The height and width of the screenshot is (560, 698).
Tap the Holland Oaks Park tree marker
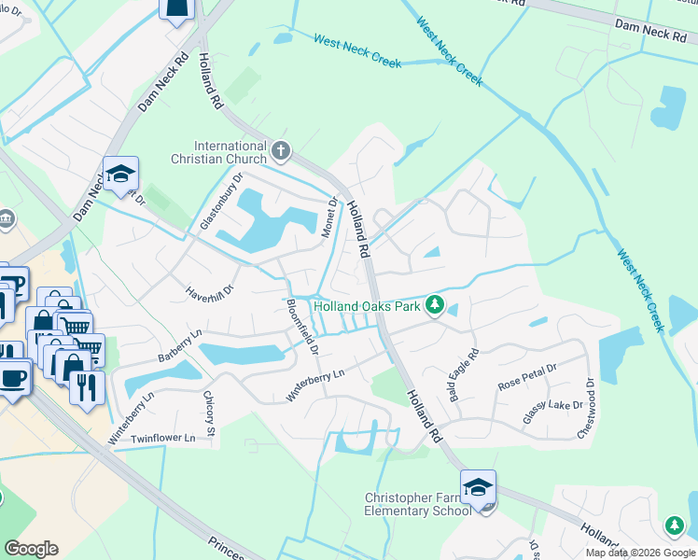point(434,305)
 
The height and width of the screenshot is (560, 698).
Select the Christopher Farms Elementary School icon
point(478,489)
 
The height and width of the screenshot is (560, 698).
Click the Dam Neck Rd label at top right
point(651,33)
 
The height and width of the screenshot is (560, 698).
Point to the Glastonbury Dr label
point(221,202)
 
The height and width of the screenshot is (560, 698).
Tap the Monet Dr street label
point(330,217)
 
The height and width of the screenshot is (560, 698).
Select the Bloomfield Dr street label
point(301,326)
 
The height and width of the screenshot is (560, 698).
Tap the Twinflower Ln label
point(164,437)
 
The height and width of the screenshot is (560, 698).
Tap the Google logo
point(31,549)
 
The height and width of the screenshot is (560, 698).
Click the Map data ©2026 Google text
point(640,553)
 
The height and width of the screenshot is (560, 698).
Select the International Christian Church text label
point(219,152)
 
